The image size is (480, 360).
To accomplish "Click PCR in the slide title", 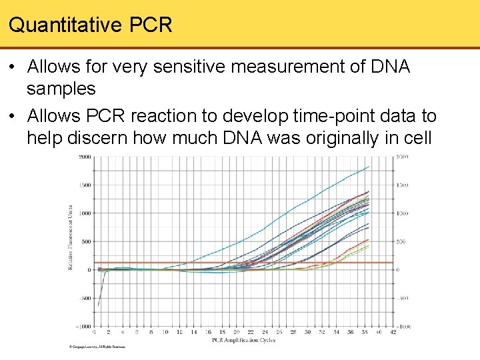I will [x=150, y=25].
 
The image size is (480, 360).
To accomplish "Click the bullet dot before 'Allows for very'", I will [x=13, y=67].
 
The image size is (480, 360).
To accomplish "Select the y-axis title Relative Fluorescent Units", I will [x=71, y=237].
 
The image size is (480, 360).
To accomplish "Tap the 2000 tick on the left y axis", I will [x=85, y=157].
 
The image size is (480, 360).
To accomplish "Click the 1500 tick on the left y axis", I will [x=85, y=185].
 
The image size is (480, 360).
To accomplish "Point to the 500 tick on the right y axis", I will [x=402, y=241].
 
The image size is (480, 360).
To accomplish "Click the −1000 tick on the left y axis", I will [x=84, y=327].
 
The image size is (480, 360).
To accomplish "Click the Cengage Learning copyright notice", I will [x=97, y=347].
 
